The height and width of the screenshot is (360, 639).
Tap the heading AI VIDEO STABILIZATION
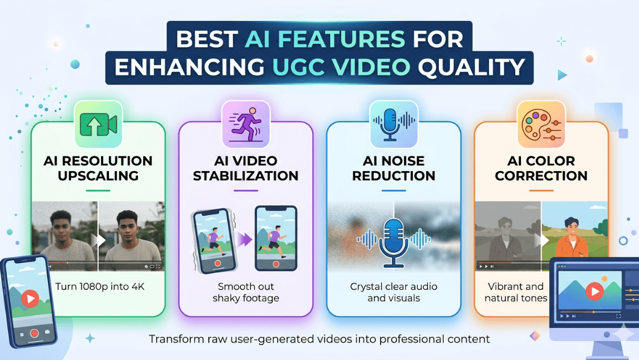point(245,168)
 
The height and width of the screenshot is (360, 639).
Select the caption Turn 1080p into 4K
point(100,286)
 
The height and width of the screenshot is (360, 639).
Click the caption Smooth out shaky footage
point(245,292)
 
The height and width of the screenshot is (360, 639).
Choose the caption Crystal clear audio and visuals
point(394,292)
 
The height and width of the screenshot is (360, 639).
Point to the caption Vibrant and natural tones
point(516,292)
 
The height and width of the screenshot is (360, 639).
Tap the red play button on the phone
point(30,298)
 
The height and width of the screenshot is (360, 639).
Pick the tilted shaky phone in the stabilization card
point(212,240)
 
